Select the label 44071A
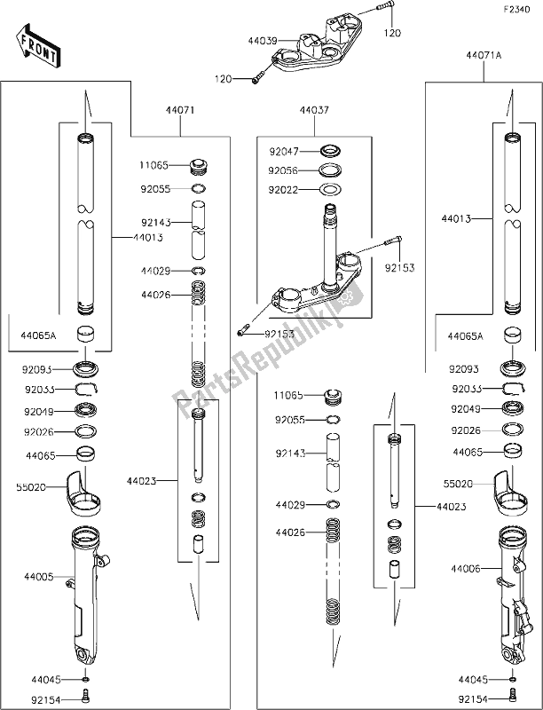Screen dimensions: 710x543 point(483,55)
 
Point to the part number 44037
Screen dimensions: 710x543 point(313,113)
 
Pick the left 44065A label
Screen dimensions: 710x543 point(39,336)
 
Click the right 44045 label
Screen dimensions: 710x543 point(473,680)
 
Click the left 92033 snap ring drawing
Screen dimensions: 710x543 point(86,388)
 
